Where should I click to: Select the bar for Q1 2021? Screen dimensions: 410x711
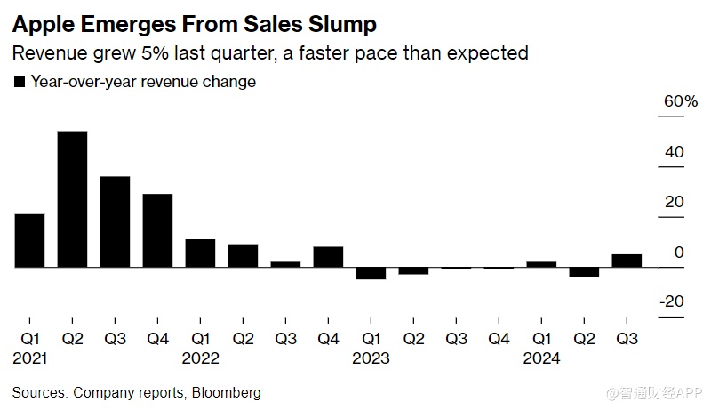29,240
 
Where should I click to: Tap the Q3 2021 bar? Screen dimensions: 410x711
115,221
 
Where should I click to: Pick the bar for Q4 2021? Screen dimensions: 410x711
157,230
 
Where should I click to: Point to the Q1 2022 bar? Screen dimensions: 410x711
200,253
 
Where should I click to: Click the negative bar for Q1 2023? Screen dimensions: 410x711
371,273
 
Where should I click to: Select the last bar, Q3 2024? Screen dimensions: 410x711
627,261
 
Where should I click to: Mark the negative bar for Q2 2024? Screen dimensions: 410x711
584,272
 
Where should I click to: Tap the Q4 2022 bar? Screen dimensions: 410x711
328,257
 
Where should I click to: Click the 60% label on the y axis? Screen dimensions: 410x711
680,102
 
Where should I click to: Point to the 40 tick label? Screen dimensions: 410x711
675,152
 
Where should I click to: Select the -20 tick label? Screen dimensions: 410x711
671,301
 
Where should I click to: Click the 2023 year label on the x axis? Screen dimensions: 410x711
371,358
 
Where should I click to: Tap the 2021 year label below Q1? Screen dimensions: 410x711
29,358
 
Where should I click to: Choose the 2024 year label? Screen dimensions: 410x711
541,358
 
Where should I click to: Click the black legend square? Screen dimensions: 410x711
19,82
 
